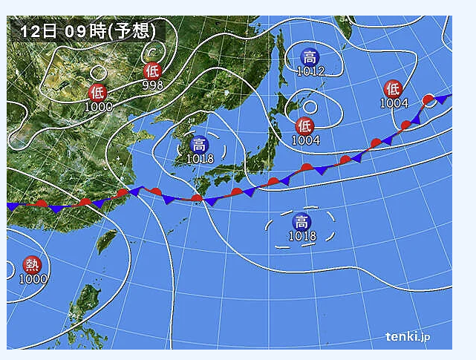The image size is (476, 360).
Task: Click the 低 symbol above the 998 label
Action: click(x=152, y=71)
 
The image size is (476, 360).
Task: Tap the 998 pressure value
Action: click(x=152, y=85)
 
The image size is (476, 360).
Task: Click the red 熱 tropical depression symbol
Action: click(x=33, y=264)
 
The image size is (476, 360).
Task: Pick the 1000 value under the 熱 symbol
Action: click(x=33, y=279)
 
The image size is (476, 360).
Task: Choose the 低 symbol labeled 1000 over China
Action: click(x=97, y=93)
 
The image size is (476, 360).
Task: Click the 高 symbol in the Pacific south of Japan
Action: click(x=301, y=221)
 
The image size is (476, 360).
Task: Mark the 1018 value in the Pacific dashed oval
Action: click(x=301, y=236)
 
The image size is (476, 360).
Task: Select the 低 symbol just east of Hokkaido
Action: click(x=304, y=125)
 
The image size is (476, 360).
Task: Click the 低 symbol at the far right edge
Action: click(x=393, y=88)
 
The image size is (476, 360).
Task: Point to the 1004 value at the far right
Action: click(x=394, y=103)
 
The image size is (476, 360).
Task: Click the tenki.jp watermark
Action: click(x=407, y=337)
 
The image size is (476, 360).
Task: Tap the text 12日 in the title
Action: click(x=38, y=31)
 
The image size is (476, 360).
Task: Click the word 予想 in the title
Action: click(x=134, y=31)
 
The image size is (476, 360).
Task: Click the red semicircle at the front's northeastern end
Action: click(x=428, y=99)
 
